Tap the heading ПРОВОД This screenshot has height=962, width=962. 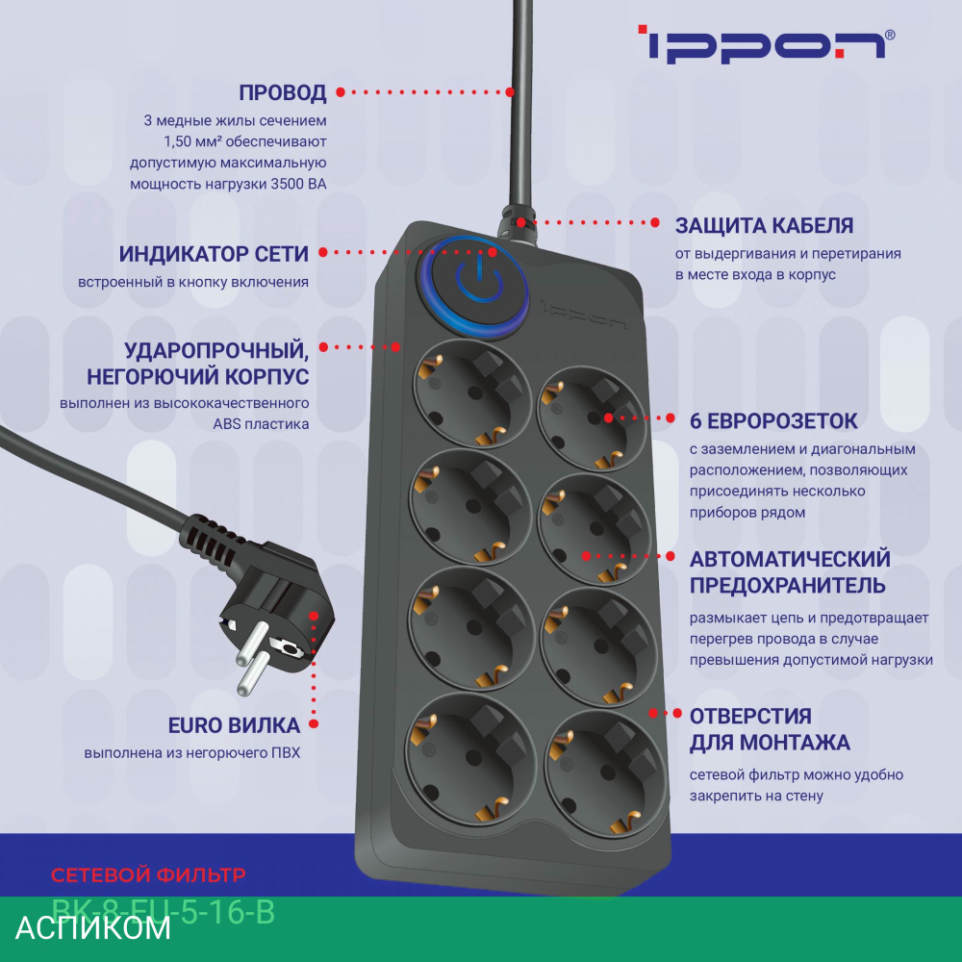(x=282, y=93)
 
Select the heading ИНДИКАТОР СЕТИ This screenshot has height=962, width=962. (x=214, y=254)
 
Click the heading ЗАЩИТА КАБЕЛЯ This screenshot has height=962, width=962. (x=764, y=226)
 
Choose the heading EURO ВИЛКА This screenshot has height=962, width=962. (x=234, y=725)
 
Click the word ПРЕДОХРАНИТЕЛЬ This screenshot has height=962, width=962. (x=788, y=585)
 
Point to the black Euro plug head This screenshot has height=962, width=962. (x=274, y=616)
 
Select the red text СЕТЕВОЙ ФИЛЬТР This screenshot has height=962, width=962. (x=148, y=875)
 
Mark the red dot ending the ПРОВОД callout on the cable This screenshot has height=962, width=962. (x=512, y=92)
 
